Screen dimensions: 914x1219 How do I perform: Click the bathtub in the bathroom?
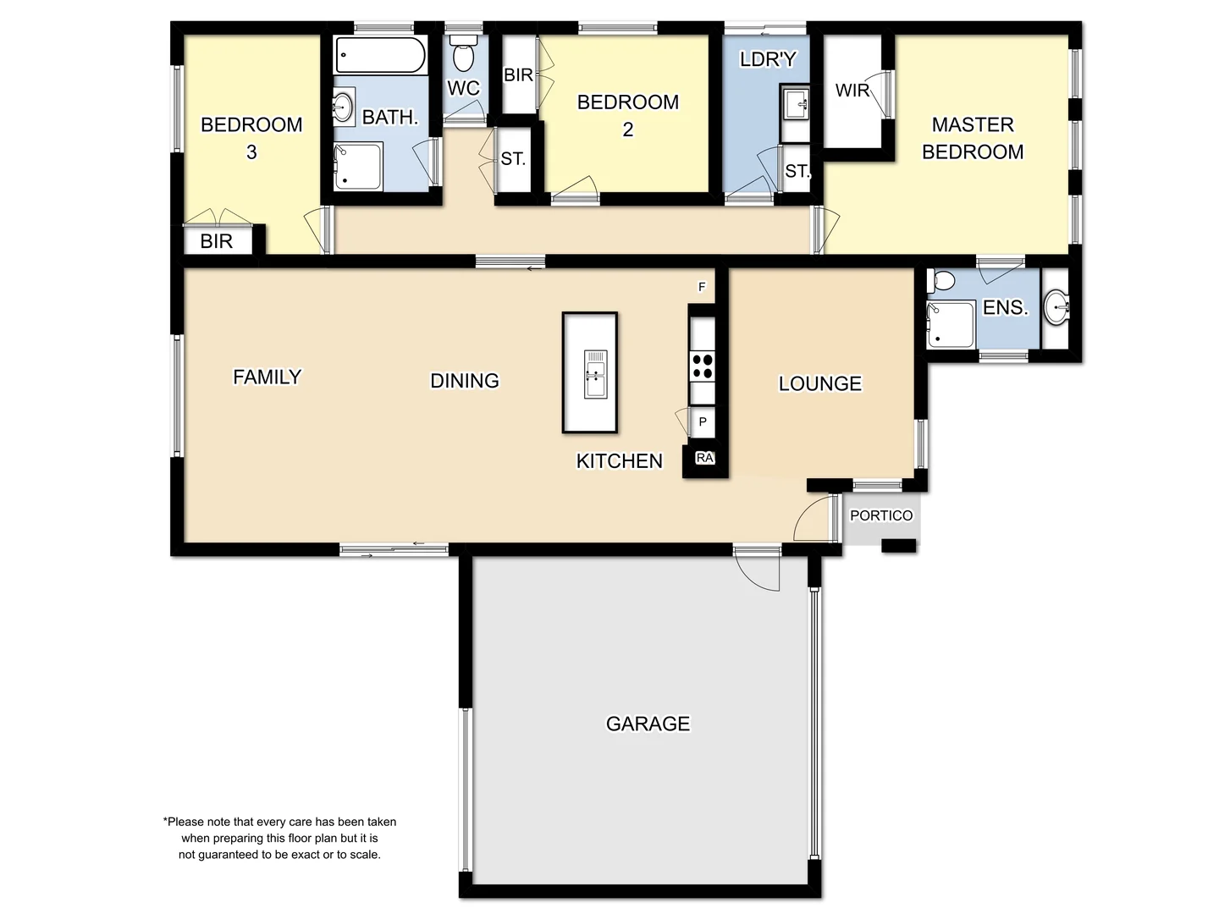(x=380, y=56)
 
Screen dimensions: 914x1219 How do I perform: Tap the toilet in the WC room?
(x=463, y=55)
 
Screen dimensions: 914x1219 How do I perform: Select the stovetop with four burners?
(x=702, y=366)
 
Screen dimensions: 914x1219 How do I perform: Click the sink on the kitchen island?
(x=595, y=374)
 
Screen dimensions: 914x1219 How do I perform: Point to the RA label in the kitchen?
(x=704, y=458)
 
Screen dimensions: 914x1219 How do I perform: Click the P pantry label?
(x=703, y=421)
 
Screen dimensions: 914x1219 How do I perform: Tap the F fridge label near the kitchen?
(x=702, y=287)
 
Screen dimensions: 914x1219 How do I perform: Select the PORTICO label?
(x=881, y=515)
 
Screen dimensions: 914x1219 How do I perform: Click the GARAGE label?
(x=648, y=724)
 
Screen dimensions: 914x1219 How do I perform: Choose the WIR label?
(x=852, y=91)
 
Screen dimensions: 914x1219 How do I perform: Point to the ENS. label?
(x=1005, y=308)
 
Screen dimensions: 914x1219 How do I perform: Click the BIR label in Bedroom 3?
(x=216, y=241)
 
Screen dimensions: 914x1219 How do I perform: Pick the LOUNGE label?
(x=819, y=383)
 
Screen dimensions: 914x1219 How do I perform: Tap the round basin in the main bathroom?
(x=343, y=107)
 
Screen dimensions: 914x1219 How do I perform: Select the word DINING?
(x=465, y=381)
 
